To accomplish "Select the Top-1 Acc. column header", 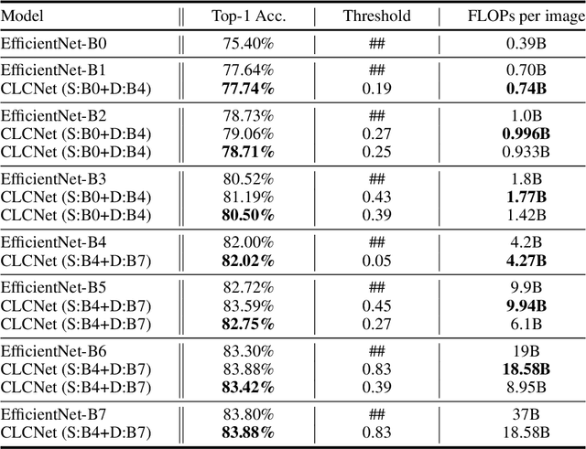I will click(248, 16).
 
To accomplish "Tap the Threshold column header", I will click(377, 16).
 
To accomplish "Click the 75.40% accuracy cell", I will click(248, 43).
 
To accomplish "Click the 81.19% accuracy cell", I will click(248, 198).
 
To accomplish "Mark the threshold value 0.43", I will click(377, 198).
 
